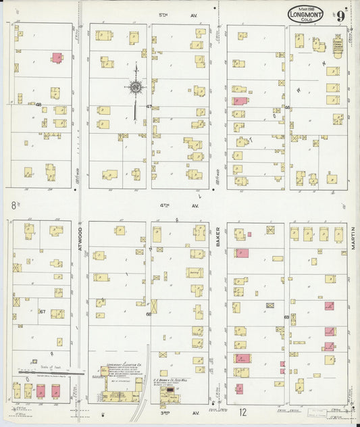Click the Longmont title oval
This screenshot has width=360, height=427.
point(306,15)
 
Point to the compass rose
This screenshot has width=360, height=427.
point(136,86)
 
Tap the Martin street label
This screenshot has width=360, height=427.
point(353,238)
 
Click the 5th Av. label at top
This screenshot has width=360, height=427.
point(163,14)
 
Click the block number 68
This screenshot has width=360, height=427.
point(39,104)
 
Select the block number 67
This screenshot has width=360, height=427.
point(42,311)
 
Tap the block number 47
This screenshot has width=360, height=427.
point(149,106)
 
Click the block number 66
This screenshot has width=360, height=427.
point(149,313)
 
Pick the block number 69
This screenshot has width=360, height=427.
point(286,317)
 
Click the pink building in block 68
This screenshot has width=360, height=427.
point(57,57)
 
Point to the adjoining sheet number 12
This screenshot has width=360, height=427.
point(242,411)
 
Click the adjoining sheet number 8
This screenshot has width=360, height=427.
point(13,204)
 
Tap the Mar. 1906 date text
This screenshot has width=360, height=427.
point(305,7)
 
